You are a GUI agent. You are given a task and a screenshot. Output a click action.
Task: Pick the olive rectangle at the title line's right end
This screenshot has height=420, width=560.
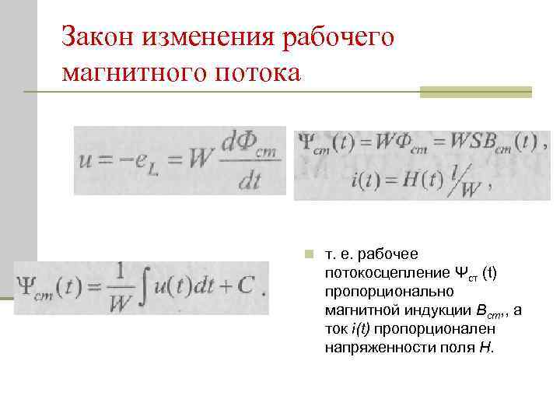pos(475,92)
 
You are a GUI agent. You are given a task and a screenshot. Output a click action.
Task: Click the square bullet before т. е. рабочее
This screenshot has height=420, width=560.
pos(309,254)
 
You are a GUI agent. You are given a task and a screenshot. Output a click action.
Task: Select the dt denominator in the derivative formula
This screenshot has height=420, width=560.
pos(250,180)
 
